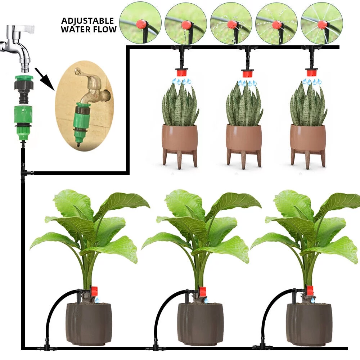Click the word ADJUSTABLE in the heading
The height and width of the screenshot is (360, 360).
click(87, 21)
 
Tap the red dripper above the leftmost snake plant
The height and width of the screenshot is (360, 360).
click(181, 73)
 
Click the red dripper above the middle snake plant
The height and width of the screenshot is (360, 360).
click(247, 74)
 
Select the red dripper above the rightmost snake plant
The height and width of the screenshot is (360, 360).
click(312, 73)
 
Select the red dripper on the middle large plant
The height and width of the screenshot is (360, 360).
click(202, 291)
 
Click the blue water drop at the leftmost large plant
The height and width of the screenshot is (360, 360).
click(96, 300)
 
